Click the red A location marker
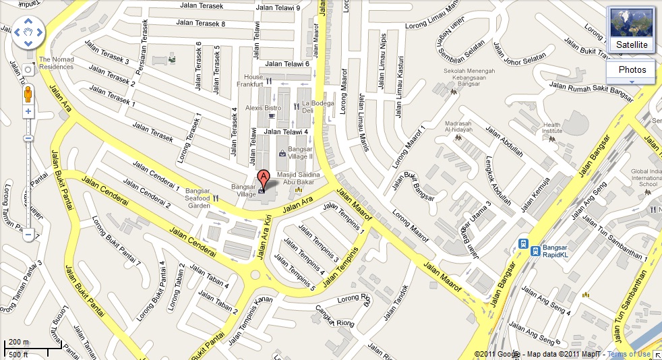pyautogui.click(x=264, y=179)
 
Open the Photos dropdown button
pyautogui.click(x=632, y=70)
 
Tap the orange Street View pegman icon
pyautogui.click(x=28, y=91)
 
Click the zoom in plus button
pyautogui.click(x=28, y=111)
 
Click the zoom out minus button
pyautogui.click(x=28, y=235)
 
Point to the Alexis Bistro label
pyautogui.click(x=263, y=108)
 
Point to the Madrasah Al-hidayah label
pyautogui.click(x=465, y=127)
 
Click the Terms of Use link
pyautogui.click(x=629, y=354)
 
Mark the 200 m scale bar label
pyautogui.click(x=18, y=342)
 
